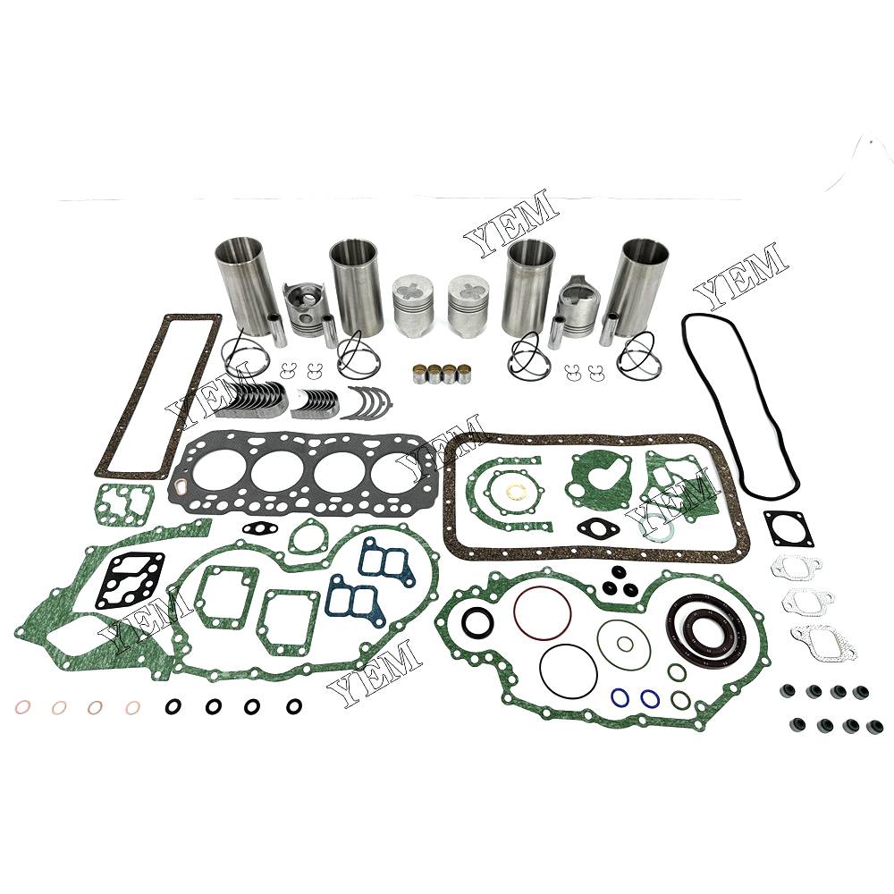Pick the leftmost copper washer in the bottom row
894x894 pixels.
click(x=23, y=707)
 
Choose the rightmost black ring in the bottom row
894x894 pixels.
click(x=294, y=706)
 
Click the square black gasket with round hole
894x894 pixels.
click(x=789, y=528)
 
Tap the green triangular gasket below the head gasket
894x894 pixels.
click(x=308, y=536)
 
